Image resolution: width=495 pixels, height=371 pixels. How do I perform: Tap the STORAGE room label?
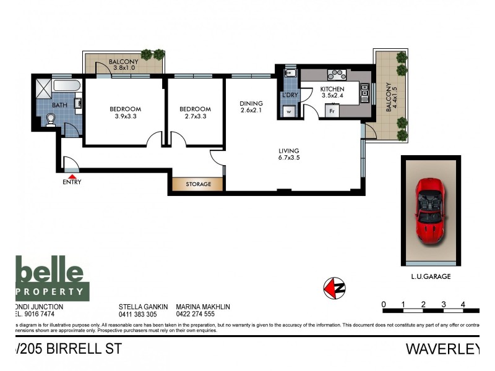tap(199, 184)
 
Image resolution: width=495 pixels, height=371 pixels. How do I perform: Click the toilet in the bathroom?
tap(51, 124)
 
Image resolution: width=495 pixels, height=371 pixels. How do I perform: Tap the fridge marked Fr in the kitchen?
tap(332, 111)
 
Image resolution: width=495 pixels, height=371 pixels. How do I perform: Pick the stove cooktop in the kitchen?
tap(336, 75)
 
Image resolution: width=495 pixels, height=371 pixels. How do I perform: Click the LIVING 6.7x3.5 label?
tap(289, 154)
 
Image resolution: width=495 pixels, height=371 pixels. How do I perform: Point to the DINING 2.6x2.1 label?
tap(252, 107)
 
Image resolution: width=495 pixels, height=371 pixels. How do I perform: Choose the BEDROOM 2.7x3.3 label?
tap(195, 113)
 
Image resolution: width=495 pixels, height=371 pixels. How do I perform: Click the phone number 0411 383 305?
tap(138, 314)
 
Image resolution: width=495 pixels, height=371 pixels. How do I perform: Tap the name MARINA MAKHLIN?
tap(204, 306)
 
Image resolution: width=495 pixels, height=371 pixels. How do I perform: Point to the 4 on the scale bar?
tap(462, 304)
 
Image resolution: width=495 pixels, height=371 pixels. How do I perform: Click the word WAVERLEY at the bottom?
tap(442, 349)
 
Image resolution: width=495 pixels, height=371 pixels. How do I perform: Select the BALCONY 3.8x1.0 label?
tap(124, 65)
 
